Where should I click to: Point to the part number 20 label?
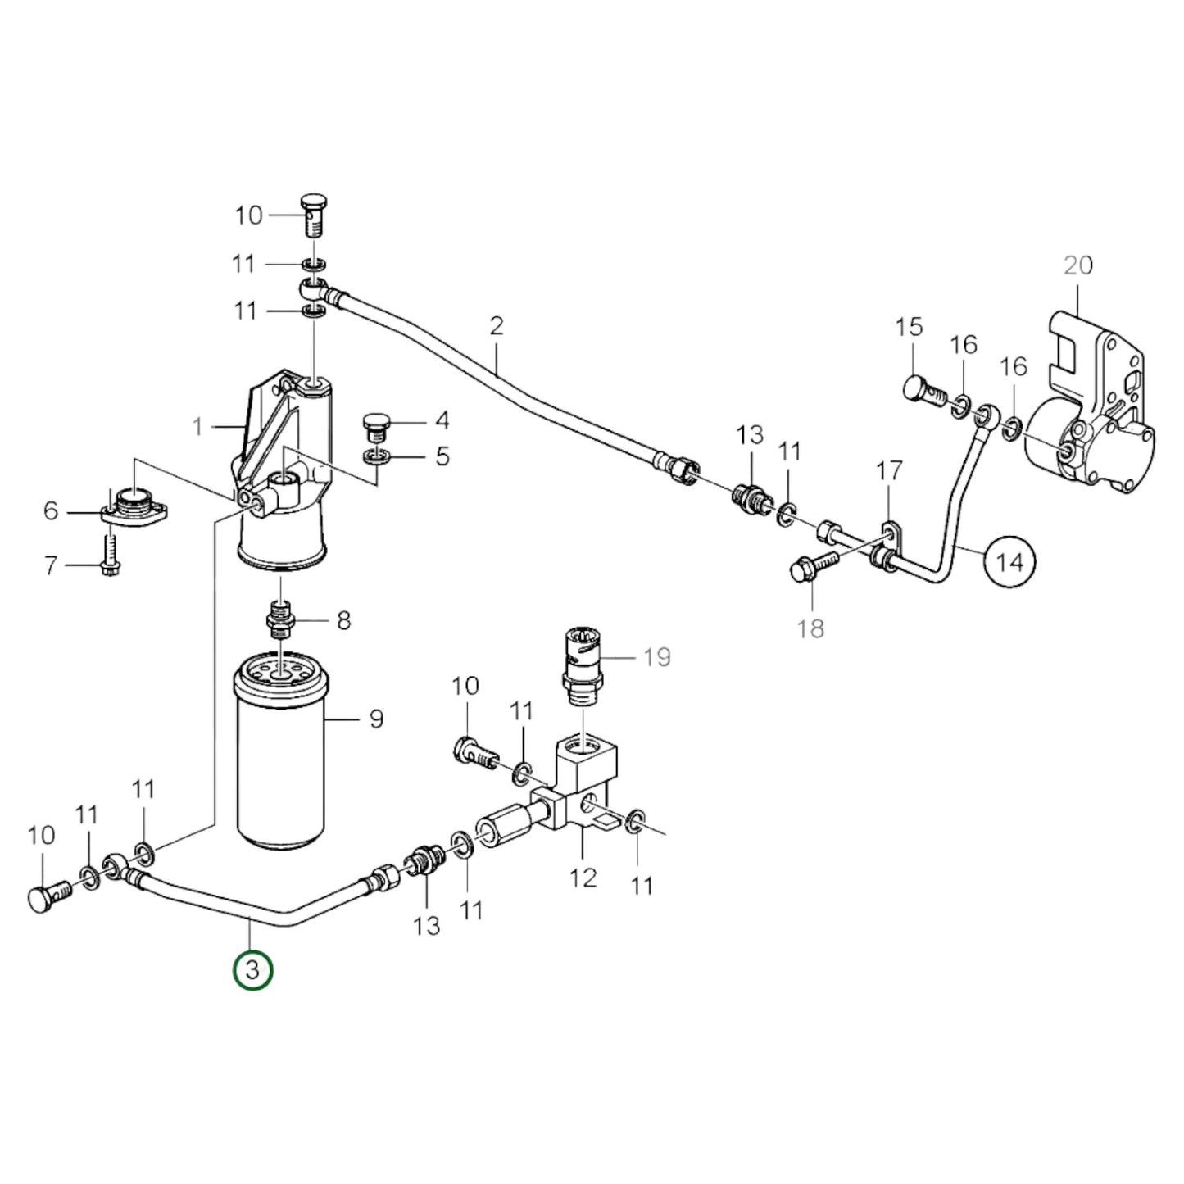[1078, 265]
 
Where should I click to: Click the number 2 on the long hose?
[497, 326]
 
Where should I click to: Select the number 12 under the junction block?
[583, 878]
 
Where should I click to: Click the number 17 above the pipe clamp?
[890, 470]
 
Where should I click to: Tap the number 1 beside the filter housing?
[197, 426]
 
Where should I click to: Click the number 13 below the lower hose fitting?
[426, 926]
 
